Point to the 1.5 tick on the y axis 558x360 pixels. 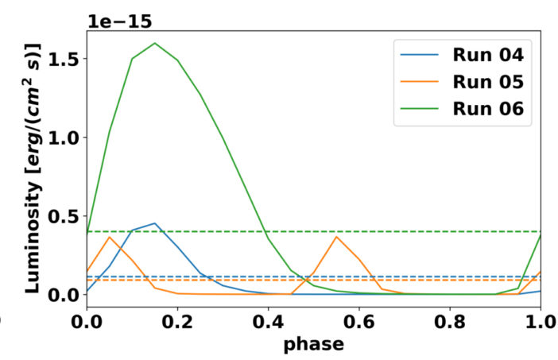pyautogui.click(x=65, y=60)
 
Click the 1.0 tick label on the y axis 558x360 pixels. pyautogui.click(x=65, y=137)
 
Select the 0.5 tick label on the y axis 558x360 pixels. pyautogui.click(x=65, y=216)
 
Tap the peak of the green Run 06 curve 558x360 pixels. pyautogui.click(x=155, y=43)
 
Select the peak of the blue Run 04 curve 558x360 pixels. pyautogui.click(x=155, y=223)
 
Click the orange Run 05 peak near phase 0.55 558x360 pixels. pyautogui.click(x=336, y=237)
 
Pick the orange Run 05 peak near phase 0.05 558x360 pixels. pyautogui.click(x=110, y=237)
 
